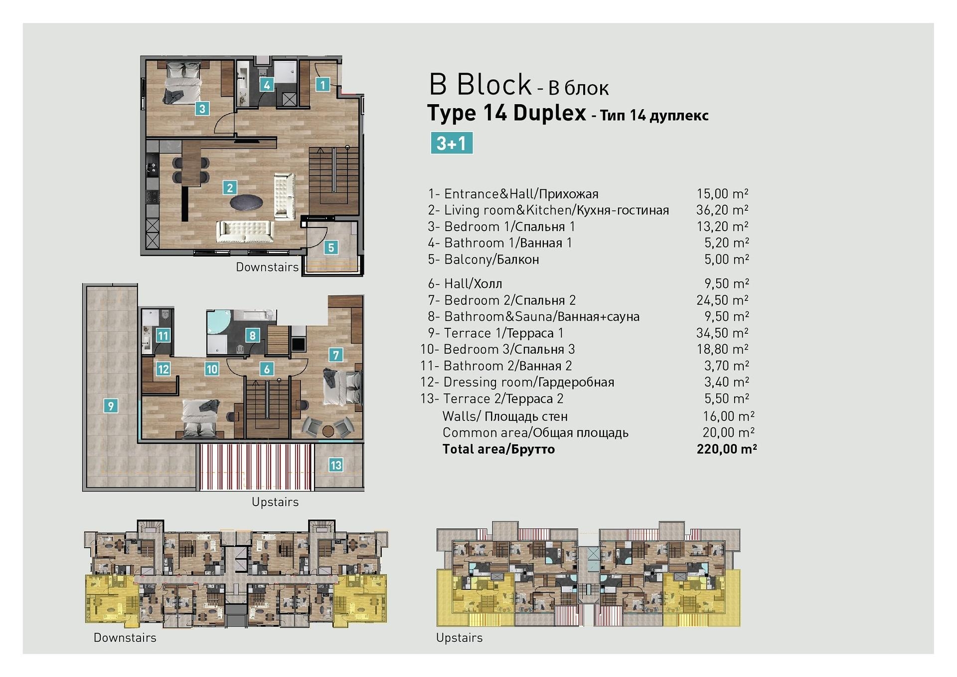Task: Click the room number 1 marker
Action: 322,85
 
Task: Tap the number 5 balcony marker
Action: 331,247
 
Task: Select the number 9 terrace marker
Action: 111,406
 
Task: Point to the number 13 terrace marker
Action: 335,465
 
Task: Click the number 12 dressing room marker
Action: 163,369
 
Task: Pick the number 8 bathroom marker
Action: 253,335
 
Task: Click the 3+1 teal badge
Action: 452,143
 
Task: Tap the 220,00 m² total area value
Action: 727,449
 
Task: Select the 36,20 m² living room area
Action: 722,210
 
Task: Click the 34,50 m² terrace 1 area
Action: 722,332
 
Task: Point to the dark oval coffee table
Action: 246,203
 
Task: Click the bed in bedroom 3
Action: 200,417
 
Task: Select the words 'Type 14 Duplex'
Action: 507,113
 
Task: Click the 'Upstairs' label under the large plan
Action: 275,502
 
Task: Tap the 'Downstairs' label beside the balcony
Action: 267,267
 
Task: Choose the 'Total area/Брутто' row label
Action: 498,449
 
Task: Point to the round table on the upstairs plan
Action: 328,431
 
